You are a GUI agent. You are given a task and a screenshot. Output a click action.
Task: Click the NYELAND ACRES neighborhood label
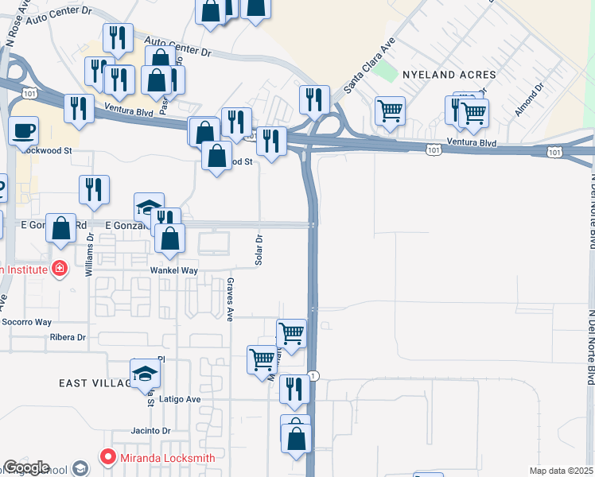449,75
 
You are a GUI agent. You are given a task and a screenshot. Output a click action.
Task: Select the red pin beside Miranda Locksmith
107,457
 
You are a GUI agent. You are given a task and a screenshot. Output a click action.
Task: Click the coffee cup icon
24,130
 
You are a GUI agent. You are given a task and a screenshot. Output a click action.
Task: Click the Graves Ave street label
230,299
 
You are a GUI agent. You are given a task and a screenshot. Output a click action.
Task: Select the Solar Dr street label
259,249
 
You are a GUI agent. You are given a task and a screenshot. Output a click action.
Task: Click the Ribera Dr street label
67,337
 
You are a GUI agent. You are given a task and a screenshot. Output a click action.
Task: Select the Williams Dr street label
89,254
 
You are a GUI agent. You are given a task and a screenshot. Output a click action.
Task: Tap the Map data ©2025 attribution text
561,471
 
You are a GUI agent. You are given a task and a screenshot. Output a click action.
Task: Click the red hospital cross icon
58,270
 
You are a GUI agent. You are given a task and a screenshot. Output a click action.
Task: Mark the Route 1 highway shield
315,375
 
